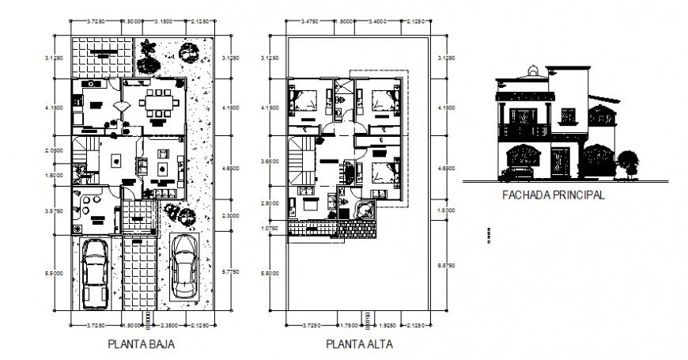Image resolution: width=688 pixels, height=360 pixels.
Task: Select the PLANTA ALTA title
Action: coord(358,345)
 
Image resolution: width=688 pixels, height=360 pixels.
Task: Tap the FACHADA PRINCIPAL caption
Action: coord(554,194)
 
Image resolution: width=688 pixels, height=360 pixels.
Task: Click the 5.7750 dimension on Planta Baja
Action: coord(231,272)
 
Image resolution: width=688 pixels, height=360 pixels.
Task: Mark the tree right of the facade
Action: coord(628,161)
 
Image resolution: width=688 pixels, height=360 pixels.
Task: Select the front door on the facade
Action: coord(560,162)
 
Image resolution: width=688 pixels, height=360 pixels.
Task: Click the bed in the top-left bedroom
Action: coord(303,100)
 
